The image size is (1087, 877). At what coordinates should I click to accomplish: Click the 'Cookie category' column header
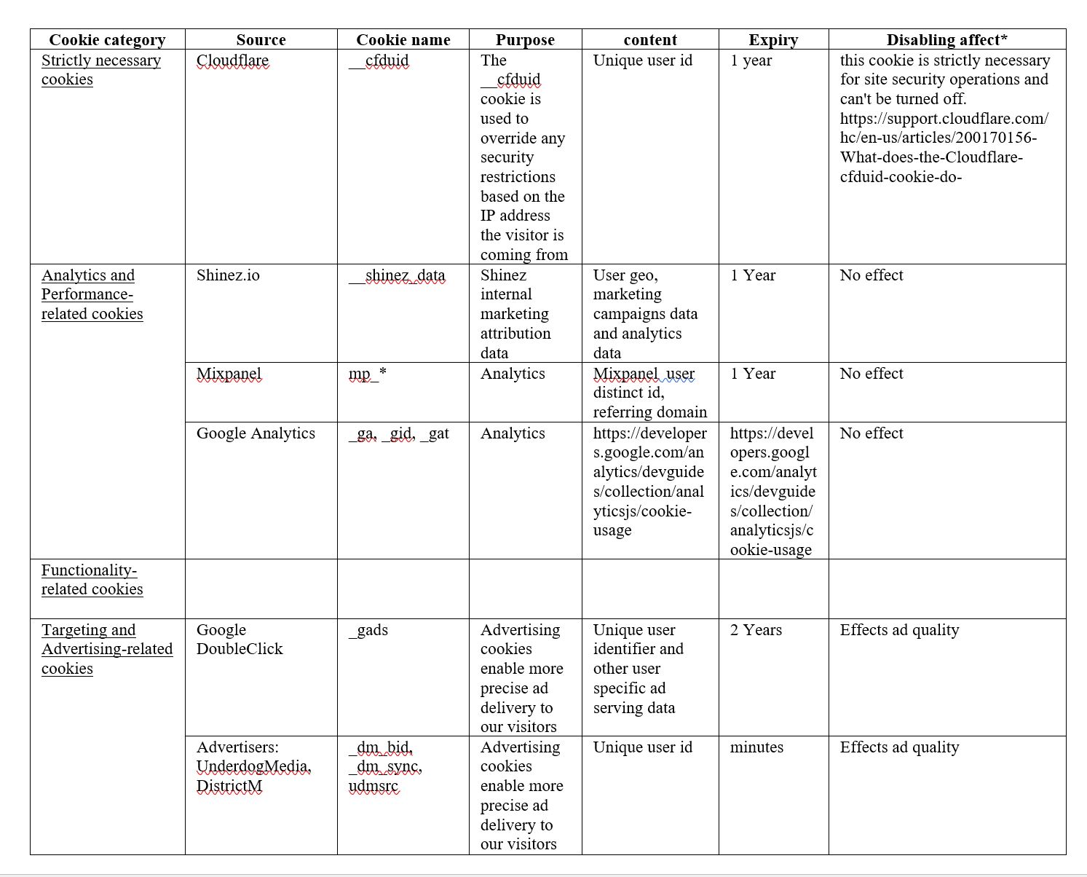107,40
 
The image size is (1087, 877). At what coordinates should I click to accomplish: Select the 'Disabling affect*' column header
946,40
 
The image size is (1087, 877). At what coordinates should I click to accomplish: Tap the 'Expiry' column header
773,40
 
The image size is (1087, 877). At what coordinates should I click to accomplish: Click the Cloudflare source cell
232,60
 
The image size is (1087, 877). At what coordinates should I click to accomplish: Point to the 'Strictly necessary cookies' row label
100,70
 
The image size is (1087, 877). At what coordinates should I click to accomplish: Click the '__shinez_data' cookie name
398,275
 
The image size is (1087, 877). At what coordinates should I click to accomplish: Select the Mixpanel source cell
229,374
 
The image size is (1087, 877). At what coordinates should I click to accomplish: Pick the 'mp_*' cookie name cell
367,374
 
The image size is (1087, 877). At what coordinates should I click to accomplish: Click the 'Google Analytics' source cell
256,433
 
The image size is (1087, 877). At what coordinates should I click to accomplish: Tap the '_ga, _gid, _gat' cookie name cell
398,433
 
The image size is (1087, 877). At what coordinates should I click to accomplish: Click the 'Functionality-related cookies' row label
92,580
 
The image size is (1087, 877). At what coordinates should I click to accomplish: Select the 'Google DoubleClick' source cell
239,640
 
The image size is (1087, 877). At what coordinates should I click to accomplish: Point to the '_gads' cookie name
368,630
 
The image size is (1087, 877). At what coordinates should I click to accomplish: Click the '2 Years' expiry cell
756,630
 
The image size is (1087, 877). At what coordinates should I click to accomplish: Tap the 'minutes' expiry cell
756,747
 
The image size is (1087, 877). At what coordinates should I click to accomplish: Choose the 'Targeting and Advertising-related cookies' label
106,649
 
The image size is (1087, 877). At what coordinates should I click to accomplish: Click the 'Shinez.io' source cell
228,275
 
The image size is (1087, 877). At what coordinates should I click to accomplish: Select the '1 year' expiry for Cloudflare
751,60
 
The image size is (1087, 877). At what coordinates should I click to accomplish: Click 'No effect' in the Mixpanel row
871,374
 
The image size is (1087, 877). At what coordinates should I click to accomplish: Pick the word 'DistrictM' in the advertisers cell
229,787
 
